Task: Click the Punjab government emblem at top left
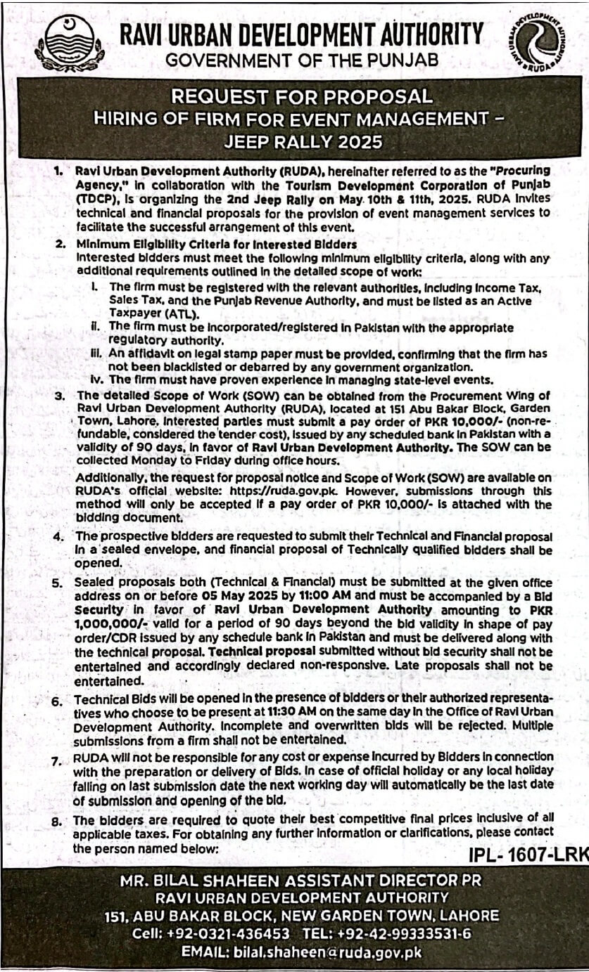click(x=69, y=44)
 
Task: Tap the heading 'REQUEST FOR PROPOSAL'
click(x=294, y=96)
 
